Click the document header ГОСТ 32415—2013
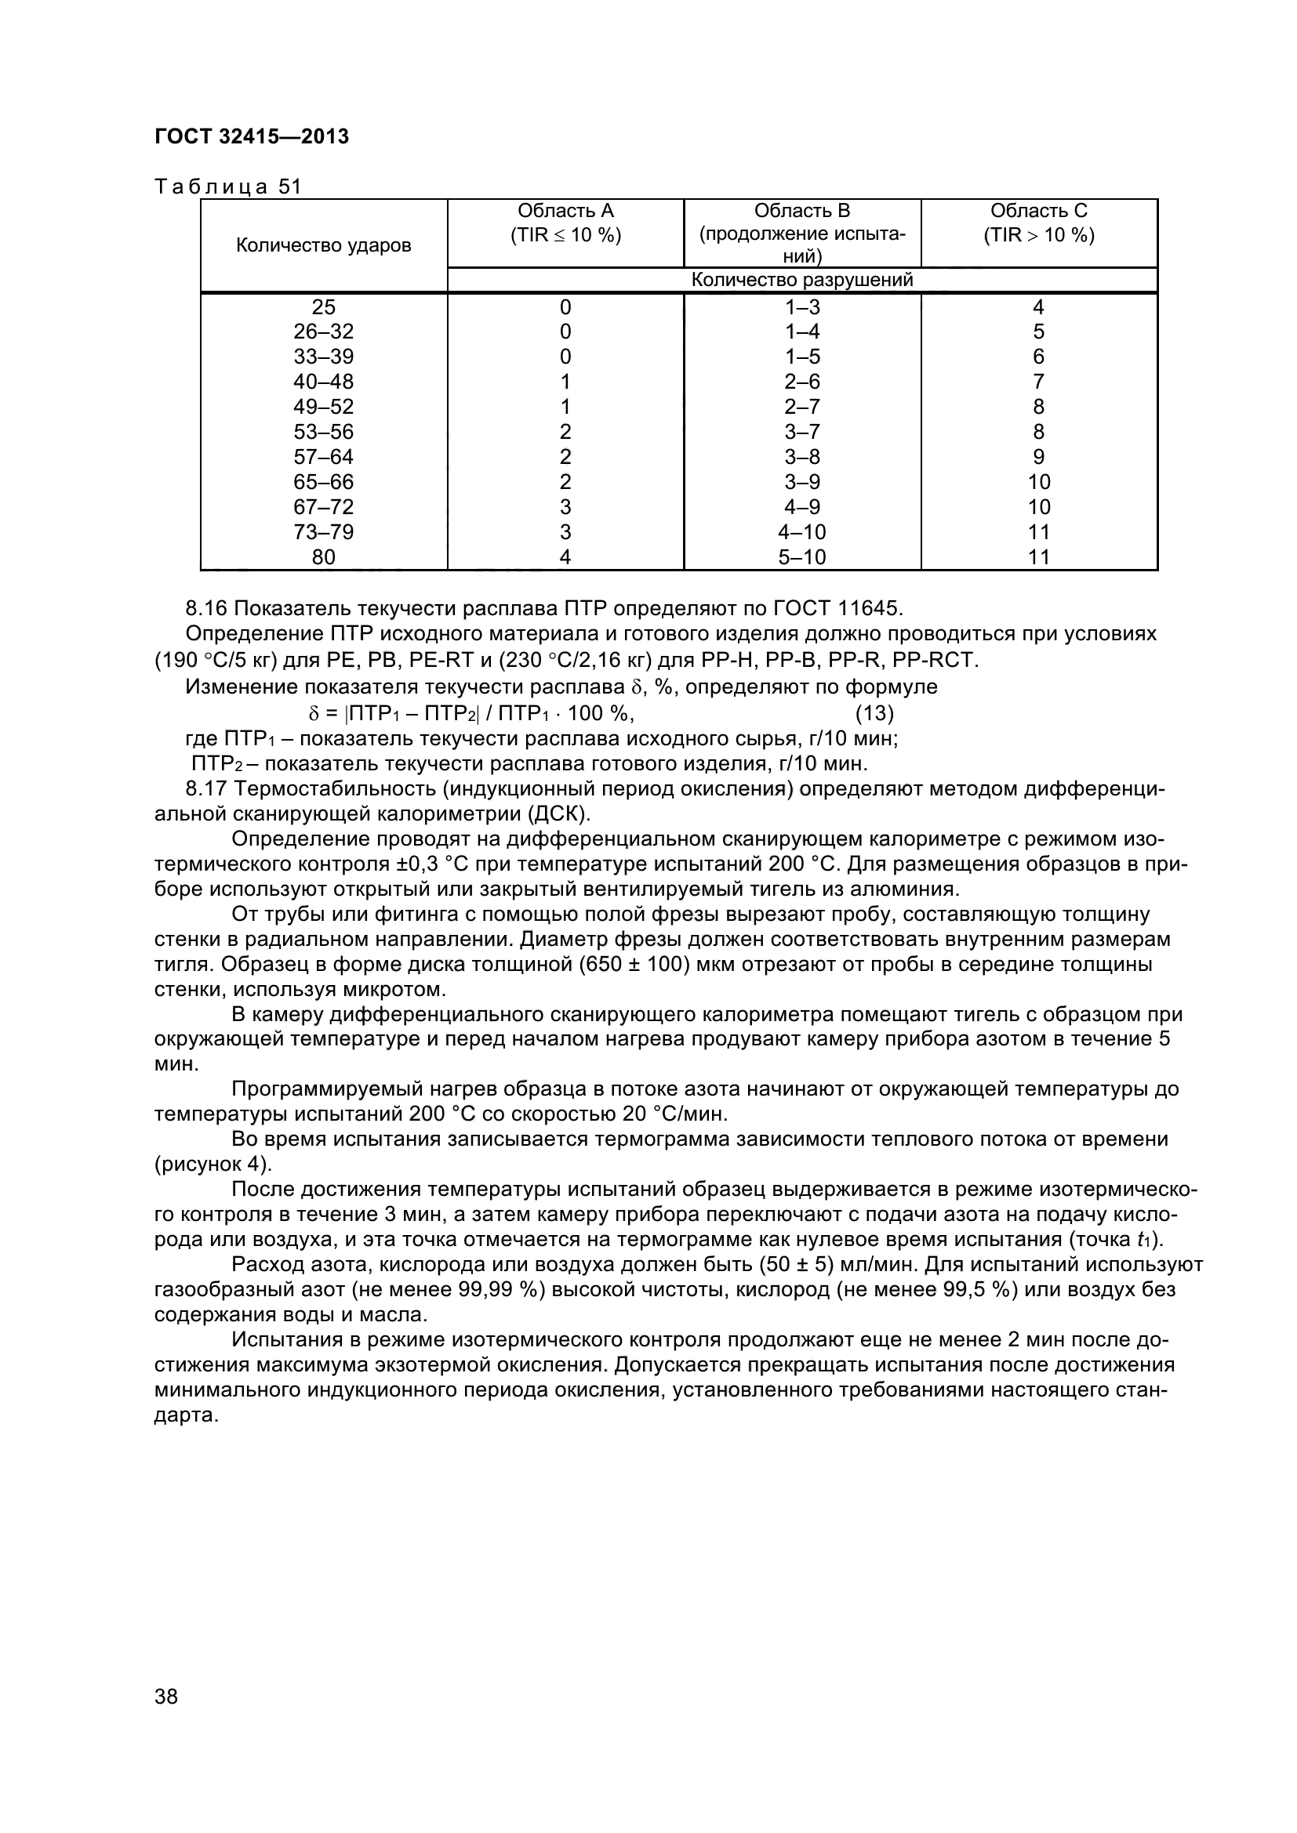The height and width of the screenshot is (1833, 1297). (252, 136)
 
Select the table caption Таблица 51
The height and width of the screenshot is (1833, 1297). (227, 186)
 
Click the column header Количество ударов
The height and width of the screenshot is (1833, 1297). (323, 245)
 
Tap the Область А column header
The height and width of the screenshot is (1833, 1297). (565, 223)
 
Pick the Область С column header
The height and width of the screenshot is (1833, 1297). (1038, 223)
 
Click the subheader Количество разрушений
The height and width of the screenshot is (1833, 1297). (802, 280)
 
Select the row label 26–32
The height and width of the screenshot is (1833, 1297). (323, 331)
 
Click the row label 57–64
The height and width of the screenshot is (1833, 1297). (323, 457)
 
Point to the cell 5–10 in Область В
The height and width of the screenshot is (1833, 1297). (802, 557)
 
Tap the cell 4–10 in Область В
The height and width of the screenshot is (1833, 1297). (802, 531)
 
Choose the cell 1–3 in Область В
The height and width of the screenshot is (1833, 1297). (802, 306)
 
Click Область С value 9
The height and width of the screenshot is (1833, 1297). (1038, 457)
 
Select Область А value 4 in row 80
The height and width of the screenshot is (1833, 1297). (565, 557)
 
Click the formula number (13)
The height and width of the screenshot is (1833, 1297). (874, 712)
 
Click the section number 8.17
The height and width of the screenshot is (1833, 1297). (206, 789)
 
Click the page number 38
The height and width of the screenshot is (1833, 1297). (166, 1718)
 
